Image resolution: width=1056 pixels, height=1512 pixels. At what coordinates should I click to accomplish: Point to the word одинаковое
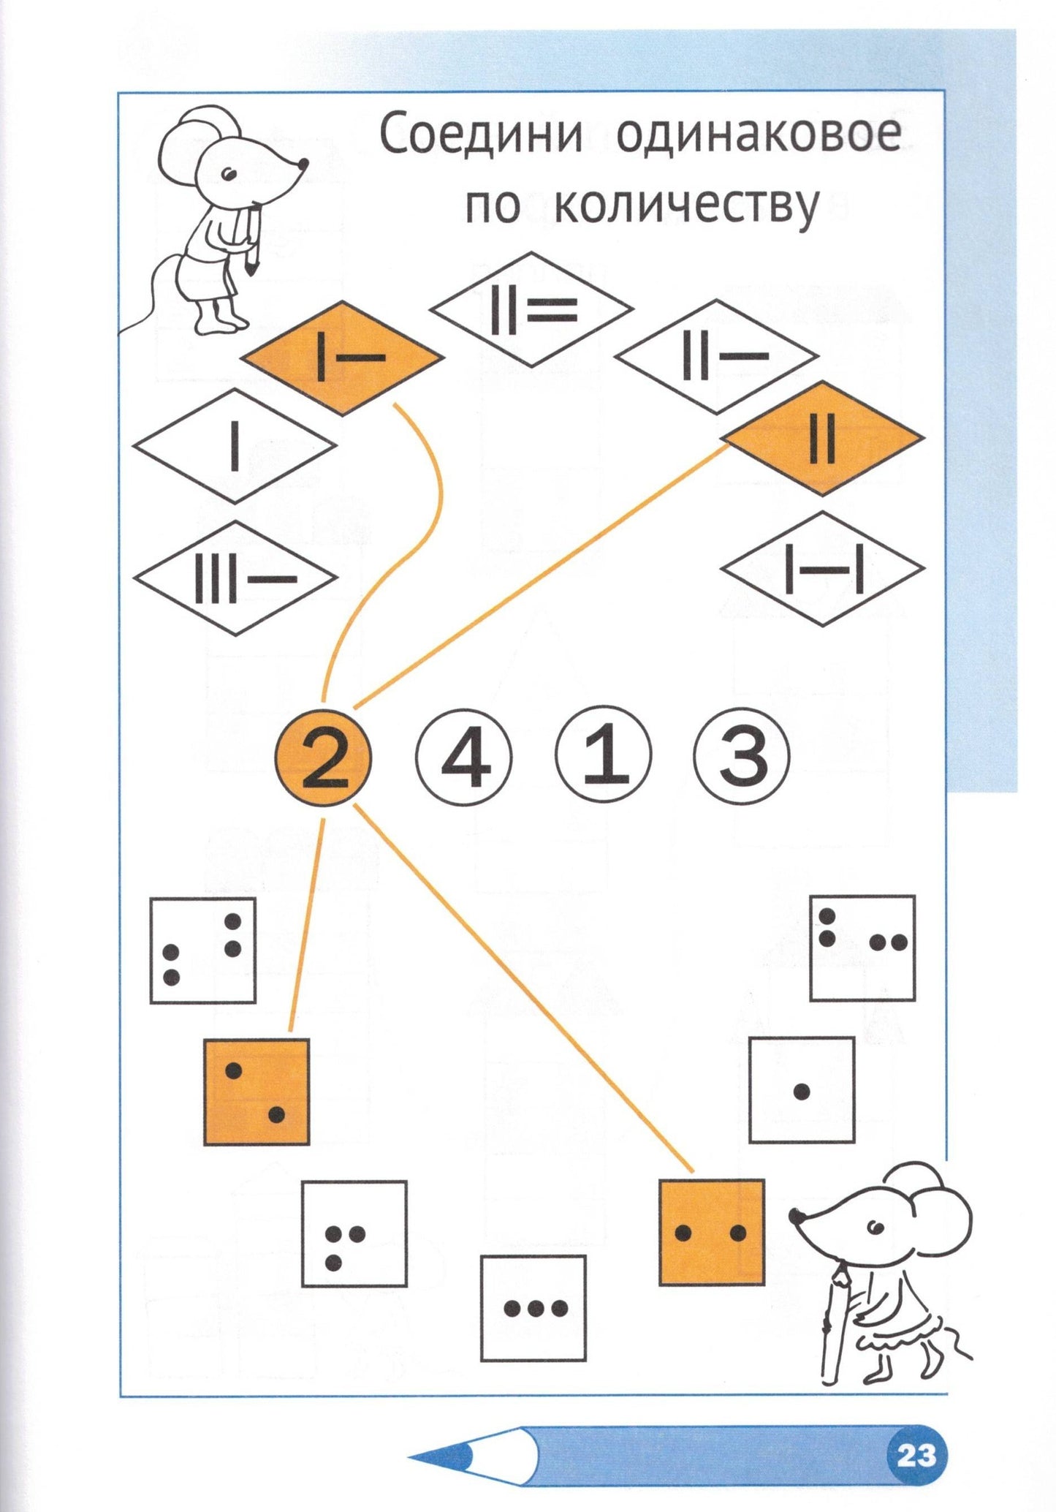click(x=759, y=136)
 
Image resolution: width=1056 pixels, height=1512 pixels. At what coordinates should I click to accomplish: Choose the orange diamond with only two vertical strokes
click(x=823, y=438)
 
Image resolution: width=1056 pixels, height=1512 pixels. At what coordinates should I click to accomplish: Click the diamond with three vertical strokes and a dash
click(x=235, y=578)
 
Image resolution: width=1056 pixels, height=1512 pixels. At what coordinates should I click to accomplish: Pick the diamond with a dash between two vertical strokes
click(x=823, y=568)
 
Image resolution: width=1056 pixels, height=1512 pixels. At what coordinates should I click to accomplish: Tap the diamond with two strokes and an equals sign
click(x=531, y=309)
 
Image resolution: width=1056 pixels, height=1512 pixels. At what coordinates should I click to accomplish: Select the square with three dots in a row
click(x=533, y=1308)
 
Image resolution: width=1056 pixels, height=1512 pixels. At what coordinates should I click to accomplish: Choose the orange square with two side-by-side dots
click(x=711, y=1233)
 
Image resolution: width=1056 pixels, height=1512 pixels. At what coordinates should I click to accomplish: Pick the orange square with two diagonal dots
click(x=256, y=1092)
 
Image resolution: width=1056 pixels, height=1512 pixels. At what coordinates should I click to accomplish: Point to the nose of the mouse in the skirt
click(x=795, y=1214)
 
